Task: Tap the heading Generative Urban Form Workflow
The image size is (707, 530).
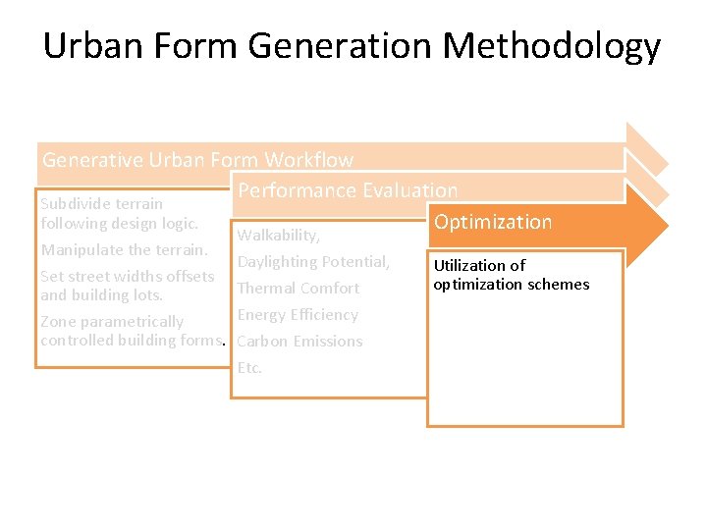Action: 197,159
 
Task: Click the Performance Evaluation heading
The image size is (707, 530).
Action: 348,190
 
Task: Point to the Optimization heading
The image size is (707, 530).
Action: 493,222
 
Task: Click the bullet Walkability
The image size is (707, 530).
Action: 278,236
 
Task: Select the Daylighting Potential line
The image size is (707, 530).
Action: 313,262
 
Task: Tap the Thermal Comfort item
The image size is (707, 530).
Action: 299,289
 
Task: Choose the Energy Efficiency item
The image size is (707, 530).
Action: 298,315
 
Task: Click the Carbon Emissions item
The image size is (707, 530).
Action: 299,342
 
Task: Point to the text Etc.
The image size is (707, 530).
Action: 249,368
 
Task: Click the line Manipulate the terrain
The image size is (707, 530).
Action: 124,250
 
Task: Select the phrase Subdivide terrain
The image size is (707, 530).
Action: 101,204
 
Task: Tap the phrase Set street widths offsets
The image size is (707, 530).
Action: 127,277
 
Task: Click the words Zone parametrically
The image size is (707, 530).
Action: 112,322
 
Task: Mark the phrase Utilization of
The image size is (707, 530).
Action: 479,265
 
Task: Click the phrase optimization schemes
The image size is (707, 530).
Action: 512,285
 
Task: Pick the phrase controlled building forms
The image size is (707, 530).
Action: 132,341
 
